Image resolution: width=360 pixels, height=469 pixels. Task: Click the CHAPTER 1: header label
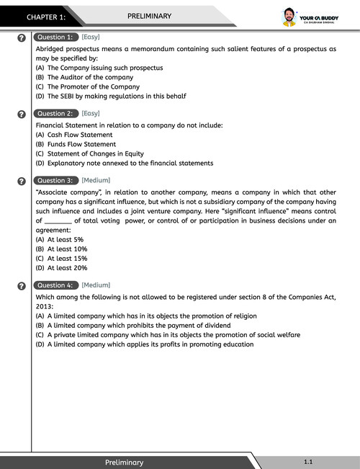[x=46, y=16]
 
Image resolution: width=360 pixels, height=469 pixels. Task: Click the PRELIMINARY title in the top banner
[x=149, y=15]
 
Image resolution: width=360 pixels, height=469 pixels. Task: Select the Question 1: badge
[x=55, y=37]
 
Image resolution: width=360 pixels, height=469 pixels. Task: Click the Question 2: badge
[x=55, y=113]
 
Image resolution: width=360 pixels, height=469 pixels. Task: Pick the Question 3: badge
[x=55, y=180]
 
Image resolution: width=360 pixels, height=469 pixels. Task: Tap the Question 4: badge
[x=55, y=285]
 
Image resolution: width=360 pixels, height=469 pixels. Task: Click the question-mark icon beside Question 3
[x=22, y=181]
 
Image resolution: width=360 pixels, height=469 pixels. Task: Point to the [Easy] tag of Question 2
[x=91, y=113]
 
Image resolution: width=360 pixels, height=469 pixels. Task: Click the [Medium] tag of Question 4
[x=96, y=285]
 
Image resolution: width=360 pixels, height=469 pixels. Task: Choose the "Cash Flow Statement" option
[x=74, y=135]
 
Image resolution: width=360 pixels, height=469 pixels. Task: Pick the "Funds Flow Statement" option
[x=76, y=144]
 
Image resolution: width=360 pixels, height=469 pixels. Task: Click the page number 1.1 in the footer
[x=308, y=461]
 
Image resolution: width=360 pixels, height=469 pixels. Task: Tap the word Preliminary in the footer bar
[x=124, y=462]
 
